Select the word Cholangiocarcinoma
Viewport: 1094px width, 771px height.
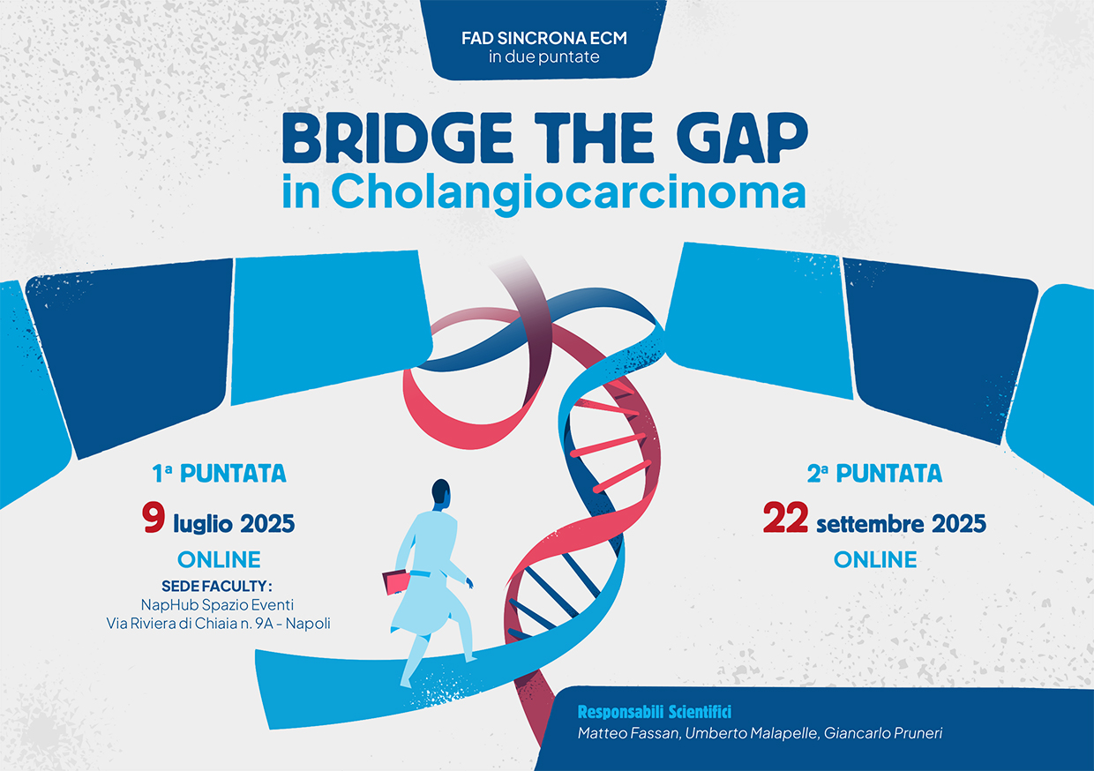(x=568, y=194)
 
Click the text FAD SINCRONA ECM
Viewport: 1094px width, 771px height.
(x=544, y=38)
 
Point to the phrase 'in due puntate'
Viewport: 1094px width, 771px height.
(x=544, y=57)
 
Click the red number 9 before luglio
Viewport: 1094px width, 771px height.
(x=154, y=518)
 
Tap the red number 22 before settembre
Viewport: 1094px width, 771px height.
(x=785, y=518)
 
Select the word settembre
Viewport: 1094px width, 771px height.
(x=870, y=524)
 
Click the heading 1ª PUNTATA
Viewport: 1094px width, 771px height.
(x=219, y=473)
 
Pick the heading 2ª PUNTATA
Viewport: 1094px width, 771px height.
(x=874, y=473)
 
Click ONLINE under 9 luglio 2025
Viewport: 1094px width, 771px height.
(x=219, y=559)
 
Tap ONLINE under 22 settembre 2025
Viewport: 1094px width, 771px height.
(x=875, y=559)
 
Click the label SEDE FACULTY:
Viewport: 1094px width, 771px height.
(x=217, y=586)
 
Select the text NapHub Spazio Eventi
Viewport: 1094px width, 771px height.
(x=217, y=605)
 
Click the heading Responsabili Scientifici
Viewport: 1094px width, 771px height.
(x=655, y=712)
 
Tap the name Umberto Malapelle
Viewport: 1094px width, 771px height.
(x=751, y=733)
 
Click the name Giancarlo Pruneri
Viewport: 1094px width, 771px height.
(x=883, y=733)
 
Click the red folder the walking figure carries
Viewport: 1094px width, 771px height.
(x=396, y=582)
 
